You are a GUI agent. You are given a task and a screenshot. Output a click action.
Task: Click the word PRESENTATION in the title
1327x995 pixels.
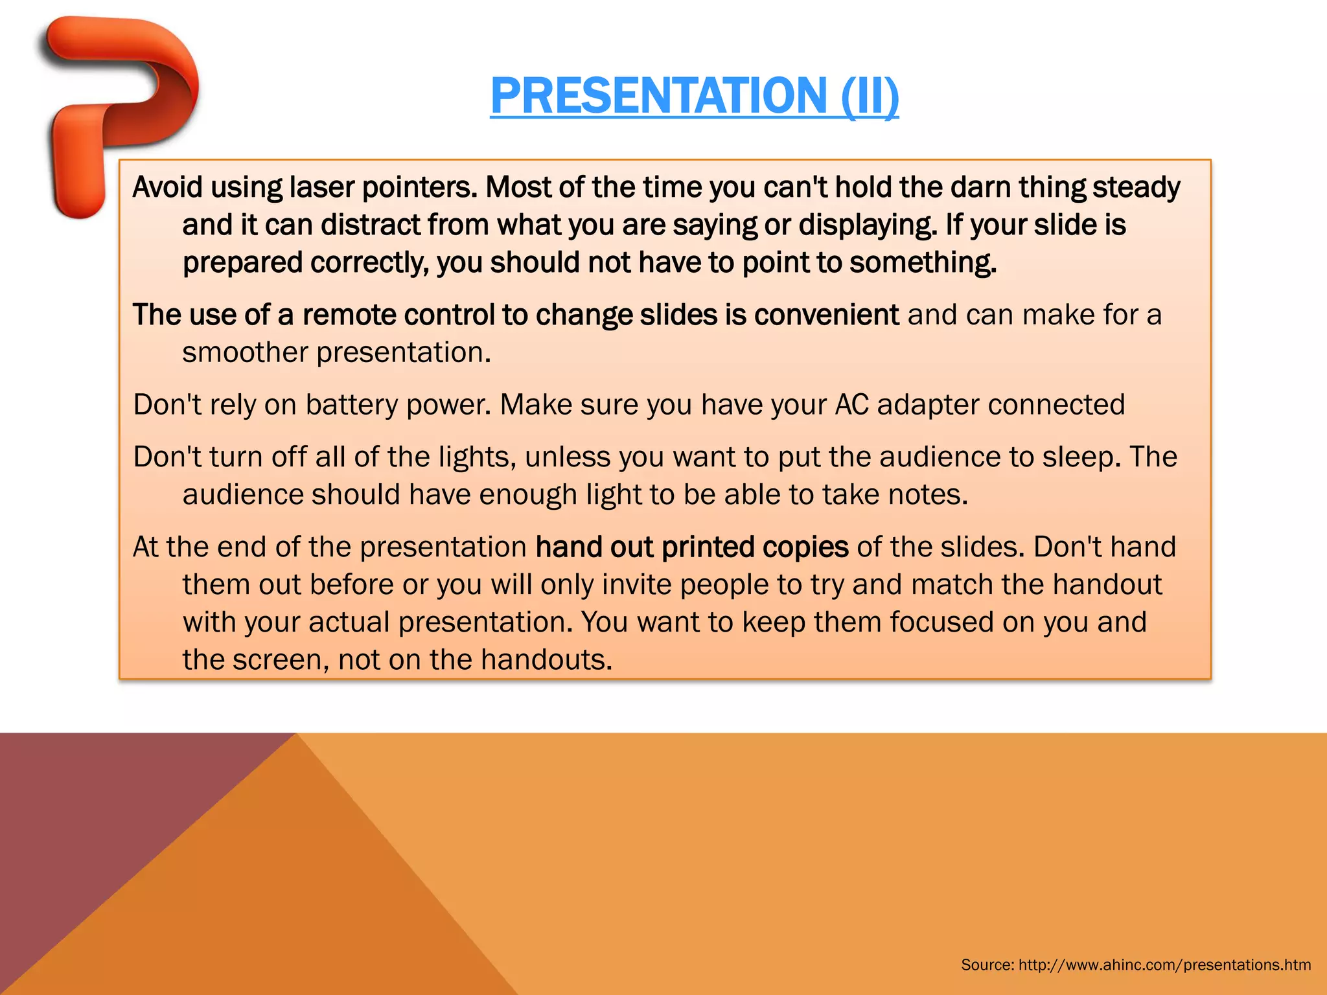click(658, 96)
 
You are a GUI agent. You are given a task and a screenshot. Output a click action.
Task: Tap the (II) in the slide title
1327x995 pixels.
click(870, 96)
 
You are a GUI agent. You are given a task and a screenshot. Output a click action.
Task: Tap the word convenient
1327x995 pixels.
click(826, 315)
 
